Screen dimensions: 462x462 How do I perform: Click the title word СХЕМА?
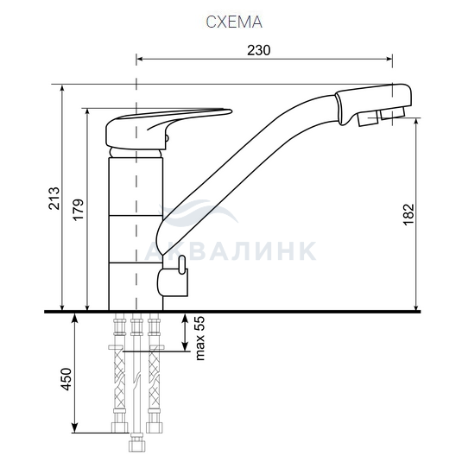click(x=234, y=22)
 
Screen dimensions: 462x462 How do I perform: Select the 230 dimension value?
click(x=258, y=50)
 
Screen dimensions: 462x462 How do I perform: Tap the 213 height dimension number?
click(x=54, y=199)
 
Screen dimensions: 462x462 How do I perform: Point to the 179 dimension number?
click(x=79, y=210)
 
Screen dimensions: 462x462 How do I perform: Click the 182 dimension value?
click(x=408, y=214)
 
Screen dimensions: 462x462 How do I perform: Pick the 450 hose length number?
click(x=66, y=379)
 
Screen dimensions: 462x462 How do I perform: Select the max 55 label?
click(x=199, y=339)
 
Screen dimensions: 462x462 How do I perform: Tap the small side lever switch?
click(x=182, y=264)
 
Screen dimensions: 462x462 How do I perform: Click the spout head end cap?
click(x=373, y=103)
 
